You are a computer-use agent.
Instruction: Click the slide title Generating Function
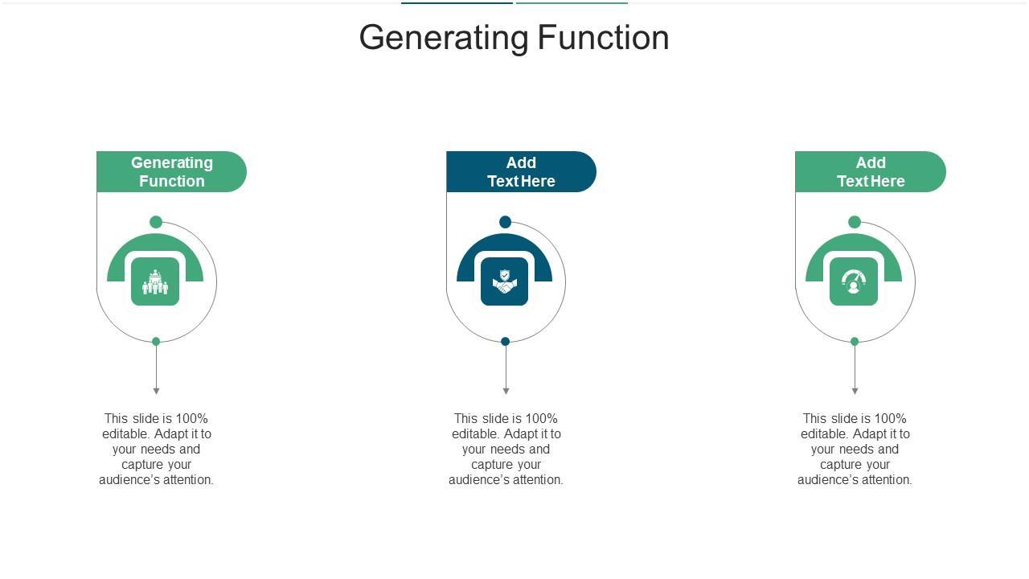(514, 38)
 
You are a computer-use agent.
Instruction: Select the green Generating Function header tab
(171, 172)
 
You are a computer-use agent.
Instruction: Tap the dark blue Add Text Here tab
(521, 172)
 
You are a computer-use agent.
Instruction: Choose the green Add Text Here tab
(871, 172)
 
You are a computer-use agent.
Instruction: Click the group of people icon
(155, 282)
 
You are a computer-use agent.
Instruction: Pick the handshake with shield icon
(505, 282)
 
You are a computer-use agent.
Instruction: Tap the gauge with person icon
(854, 282)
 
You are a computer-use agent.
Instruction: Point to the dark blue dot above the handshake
(505, 222)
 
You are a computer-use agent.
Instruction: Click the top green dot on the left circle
(156, 222)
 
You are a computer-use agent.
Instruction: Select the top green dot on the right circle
(855, 222)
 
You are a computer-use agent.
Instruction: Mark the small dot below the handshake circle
(505, 342)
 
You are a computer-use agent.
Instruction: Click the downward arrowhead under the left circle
(156, 392)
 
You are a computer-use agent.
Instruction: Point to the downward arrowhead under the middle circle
(506, 392)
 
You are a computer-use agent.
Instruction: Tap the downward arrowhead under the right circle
(855, 392)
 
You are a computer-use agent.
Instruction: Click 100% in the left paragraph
(193, 418)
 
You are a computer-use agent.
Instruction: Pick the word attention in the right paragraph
(884, 480)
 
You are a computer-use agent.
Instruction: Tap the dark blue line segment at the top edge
(457, 2)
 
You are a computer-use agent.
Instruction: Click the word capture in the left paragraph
(141, 465)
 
